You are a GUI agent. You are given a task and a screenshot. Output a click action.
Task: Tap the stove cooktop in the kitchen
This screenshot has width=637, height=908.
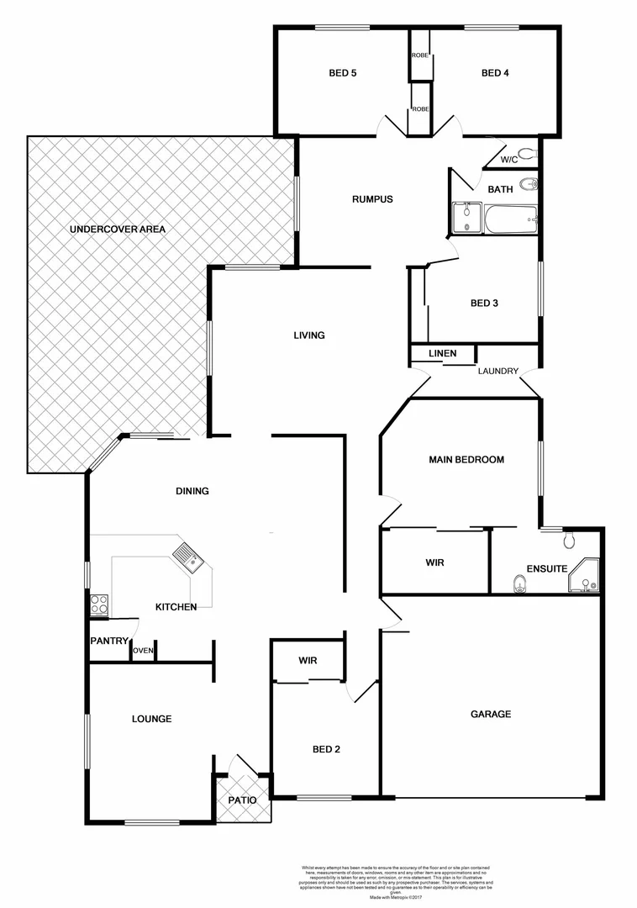(x=98, y=604)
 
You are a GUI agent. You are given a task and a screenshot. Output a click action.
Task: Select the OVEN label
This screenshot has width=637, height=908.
(x=143, y=650)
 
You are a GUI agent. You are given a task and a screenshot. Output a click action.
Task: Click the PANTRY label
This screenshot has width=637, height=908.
(x=109, y=641)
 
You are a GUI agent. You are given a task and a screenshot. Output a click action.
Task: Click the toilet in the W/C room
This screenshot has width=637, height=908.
(x=528, y=154)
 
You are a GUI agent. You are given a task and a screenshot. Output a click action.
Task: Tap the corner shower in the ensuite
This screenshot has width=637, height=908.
(x=585, y=578)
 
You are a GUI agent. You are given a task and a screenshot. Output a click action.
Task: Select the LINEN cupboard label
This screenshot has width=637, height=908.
(x=442, y=353)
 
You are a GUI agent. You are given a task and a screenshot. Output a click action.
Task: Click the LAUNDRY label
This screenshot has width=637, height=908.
(x=497, y=371)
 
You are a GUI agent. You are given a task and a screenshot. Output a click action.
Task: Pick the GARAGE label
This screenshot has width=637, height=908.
(x=490, y=714)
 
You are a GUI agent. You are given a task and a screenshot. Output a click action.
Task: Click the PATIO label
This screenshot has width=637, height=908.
(x=242, y=800)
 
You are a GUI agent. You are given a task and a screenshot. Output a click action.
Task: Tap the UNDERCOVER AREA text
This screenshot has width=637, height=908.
(x=117, y=229)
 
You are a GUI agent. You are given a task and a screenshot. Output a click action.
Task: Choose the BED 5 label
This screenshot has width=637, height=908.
(x=342, y=73)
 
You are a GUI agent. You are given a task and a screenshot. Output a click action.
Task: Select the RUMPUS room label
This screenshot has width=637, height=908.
(x=372, y=199)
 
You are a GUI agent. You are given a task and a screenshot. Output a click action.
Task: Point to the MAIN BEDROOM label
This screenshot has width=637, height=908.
(x=466, y=460)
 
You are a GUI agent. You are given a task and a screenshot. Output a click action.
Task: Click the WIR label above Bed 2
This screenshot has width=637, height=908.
(x=308, y=661)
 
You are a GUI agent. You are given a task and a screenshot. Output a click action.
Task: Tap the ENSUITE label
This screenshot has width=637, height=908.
(x=546, y=568)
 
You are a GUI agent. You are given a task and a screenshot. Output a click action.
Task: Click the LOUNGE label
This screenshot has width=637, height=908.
(x=151, y=719)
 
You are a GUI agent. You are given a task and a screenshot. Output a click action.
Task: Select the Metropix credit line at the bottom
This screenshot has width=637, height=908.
(x=395, y=898)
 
